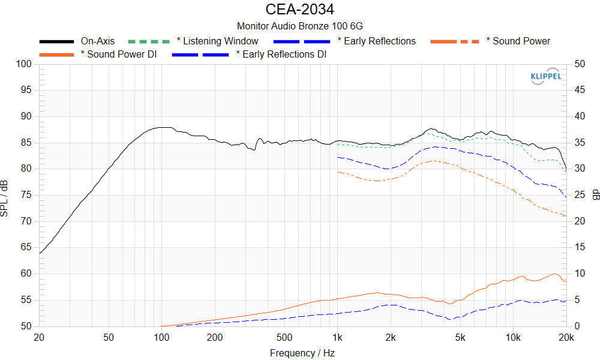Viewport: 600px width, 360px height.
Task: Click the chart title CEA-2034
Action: coord(299,10)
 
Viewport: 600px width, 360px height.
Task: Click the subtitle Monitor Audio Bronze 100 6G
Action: coord(299,26)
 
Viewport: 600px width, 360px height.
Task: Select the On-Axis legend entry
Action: coord(97,41)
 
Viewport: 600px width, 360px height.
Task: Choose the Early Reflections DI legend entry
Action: coord(281,55)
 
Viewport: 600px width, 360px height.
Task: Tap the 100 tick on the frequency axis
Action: coord(161,337)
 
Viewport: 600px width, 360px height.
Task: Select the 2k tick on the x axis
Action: coord(391,337)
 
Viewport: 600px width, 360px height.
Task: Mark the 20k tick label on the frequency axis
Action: coord(566,337)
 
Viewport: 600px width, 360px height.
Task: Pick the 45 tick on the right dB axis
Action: coord(580,90)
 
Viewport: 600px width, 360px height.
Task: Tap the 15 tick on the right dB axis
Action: coord(580,247)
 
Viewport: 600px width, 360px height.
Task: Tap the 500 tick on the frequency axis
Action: coord(284,337)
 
